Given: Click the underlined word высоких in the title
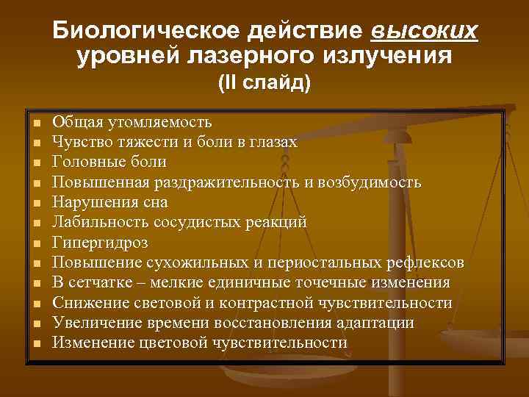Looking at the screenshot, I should [x=425, y=32].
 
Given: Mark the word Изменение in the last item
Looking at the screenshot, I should [x=93, y=343].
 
